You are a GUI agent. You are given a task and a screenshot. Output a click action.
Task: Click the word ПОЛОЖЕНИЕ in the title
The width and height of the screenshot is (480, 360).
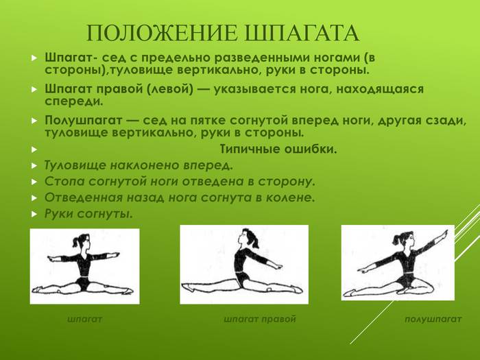coord(162,33)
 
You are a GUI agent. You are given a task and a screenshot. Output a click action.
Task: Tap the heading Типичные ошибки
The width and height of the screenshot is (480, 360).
coord(278,149)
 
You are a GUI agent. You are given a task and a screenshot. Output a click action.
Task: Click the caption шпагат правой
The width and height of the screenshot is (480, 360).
coord(260,320)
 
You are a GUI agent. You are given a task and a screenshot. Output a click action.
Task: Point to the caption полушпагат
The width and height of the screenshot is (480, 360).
coord(433,320)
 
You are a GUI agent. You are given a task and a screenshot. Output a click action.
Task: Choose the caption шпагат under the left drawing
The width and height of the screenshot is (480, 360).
coord(84,320)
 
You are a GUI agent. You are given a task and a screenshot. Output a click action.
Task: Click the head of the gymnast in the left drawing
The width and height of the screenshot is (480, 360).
coord(82,241)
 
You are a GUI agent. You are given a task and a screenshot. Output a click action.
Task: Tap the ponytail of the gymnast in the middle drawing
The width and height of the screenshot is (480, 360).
coord(254,240)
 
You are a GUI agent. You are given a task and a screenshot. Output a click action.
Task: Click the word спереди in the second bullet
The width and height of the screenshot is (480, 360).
coord(74,101)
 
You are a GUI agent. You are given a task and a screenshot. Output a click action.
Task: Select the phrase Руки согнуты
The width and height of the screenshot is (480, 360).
coord(88,214)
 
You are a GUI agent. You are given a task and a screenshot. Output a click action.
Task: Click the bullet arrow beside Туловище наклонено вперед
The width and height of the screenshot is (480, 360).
coord(34,166)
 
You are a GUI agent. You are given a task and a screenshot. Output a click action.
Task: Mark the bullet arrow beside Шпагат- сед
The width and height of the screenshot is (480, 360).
coord(34,58)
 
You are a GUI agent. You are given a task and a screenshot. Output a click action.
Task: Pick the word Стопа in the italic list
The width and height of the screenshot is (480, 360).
coord(64,181)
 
